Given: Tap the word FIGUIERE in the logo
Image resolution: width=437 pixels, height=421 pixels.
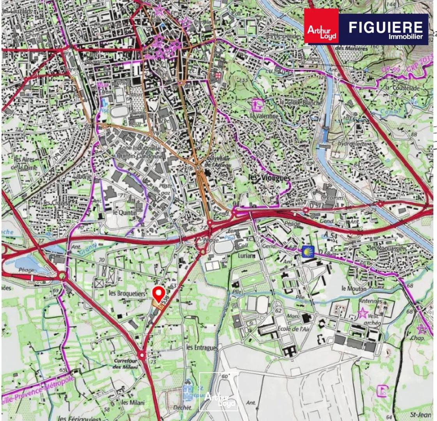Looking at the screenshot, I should [386, 27].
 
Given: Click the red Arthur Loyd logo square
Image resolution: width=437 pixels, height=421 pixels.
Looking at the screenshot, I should [321, 27].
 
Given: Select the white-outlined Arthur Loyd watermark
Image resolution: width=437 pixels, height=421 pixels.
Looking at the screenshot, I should [219, 392].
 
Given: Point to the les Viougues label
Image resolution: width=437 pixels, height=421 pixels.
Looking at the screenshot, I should [269, 178].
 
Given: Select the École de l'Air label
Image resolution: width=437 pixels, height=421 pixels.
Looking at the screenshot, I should [293, 329].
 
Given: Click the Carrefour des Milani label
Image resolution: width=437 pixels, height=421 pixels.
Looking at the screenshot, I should [126, 364].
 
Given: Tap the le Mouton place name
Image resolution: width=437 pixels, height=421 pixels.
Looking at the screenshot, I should [354, 288].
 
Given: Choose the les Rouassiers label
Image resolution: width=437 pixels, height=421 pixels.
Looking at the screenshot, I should [388, 248].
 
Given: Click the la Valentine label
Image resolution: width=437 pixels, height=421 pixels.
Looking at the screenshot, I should [265, 116].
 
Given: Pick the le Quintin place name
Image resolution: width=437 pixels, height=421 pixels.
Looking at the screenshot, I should [125, 212].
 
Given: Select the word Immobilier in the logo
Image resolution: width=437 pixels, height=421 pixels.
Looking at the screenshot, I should [405, 37].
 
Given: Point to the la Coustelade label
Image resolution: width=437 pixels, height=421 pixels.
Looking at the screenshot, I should [402, 88].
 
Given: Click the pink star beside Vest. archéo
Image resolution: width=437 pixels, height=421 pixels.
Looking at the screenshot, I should [363, 313].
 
